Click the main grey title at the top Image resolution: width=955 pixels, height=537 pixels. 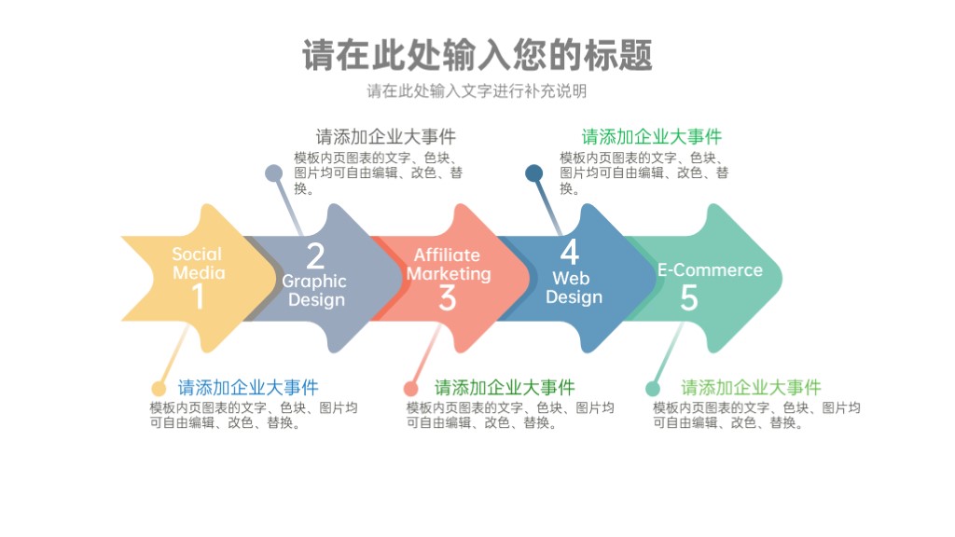click(477, 55)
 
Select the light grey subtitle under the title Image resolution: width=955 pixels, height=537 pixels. click(477, 91)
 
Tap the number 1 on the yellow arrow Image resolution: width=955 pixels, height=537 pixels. click(198, 297)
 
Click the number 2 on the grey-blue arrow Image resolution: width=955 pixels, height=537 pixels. click(315, 256)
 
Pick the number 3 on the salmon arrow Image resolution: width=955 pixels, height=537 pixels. click(447, 298)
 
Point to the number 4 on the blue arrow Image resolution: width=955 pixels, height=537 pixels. click(570, 252)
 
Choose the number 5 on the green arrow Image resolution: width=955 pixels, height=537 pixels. click(689, 297)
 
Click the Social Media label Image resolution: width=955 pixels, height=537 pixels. click(198, 263)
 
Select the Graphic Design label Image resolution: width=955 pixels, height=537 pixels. click(315, 291)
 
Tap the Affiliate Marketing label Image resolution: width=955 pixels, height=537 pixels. click(449, 264)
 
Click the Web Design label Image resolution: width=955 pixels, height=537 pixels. click(574, 287)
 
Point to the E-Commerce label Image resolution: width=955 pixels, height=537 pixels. click(710, 269)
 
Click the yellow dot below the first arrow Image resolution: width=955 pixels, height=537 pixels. click(159, 389)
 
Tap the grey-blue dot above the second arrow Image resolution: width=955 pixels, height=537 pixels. click(274, 172)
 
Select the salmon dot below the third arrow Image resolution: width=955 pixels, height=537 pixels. click(411, 389)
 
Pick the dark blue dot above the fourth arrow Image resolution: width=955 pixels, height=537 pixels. click(534, 172)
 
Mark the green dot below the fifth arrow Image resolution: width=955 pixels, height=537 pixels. click(653, 389)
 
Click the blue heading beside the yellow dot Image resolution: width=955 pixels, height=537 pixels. click(248, 387)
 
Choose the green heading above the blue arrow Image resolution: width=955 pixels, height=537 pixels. click(652, 136)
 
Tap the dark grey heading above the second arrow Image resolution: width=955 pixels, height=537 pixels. click(385, 136)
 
